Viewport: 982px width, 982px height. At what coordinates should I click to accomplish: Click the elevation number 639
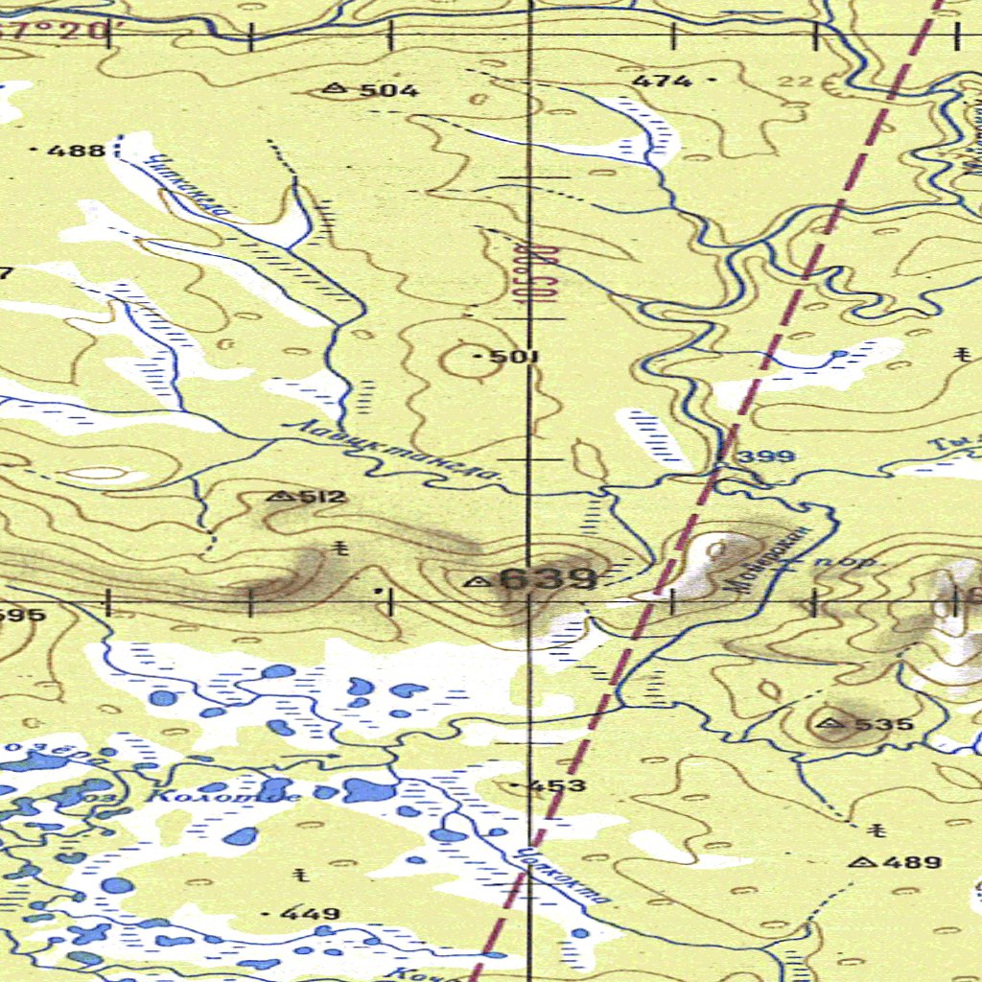(x=549, y=579)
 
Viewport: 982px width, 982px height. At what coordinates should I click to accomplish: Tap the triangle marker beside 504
(x=334, y=89)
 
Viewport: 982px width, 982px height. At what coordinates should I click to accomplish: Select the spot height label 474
(x=662, y=82)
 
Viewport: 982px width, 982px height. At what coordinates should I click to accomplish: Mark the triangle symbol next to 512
(x=281, y=497)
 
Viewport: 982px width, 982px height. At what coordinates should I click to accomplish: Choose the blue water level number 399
(x=769, y=456)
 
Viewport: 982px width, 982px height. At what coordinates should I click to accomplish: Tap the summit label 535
(x=883, y=724)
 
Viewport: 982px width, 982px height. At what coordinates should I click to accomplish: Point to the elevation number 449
(x=312, y=914)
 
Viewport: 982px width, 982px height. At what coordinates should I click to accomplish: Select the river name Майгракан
(x=773, y=560)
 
